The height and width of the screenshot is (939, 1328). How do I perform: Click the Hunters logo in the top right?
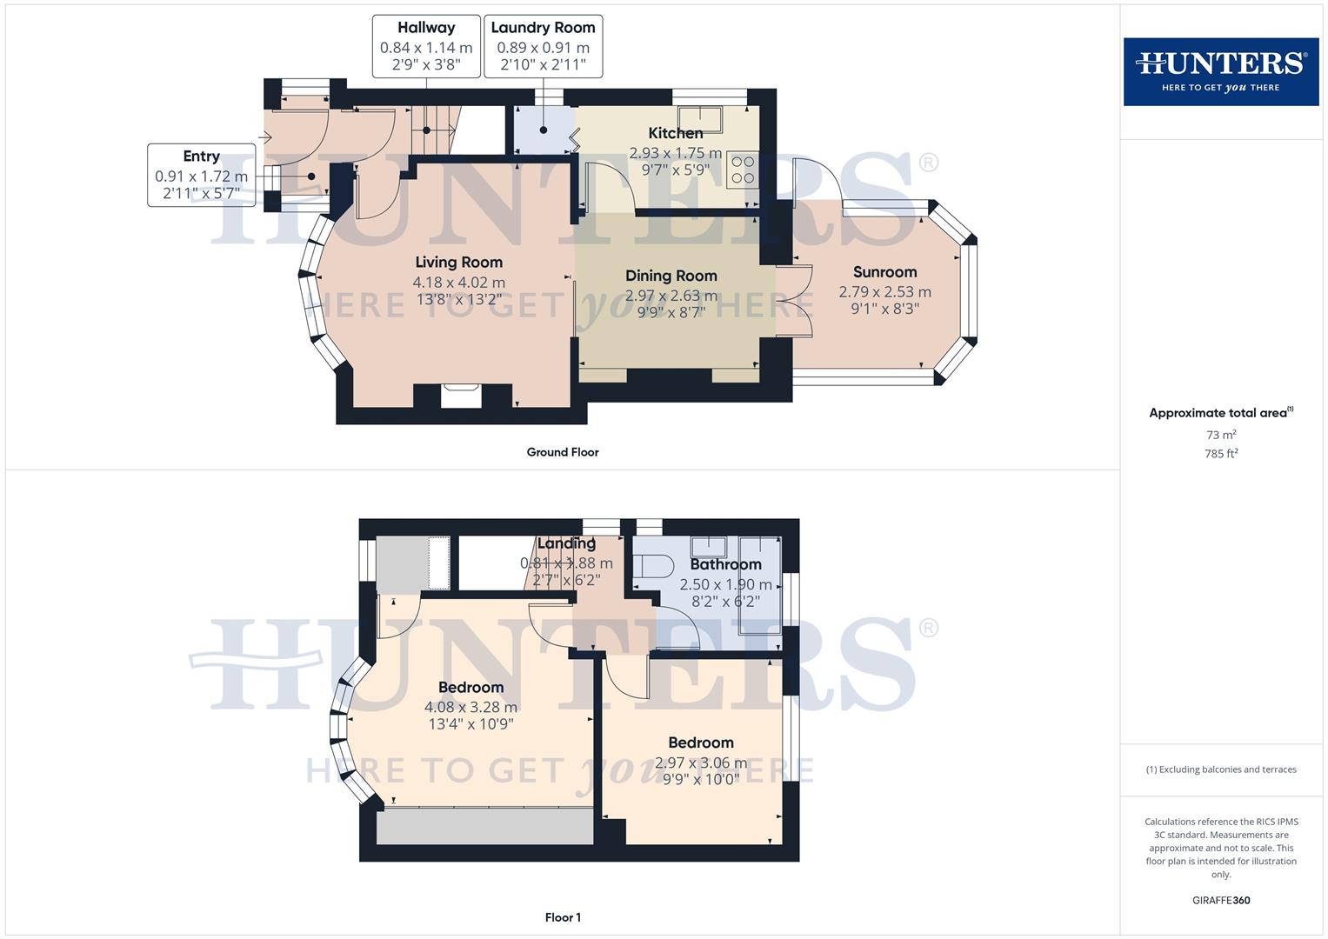point(1220,71)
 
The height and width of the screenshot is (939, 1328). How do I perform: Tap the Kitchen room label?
point(675,133)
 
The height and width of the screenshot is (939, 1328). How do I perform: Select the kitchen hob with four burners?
point(743,170)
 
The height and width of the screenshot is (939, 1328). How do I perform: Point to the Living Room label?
point(458,262)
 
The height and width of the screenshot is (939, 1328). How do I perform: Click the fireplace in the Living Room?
point(460,396)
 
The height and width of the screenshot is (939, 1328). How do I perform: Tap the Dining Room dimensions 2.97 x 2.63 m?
point(671,296)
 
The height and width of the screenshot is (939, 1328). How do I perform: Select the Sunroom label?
point(884,272)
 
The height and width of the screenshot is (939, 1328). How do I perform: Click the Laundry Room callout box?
point(543,46)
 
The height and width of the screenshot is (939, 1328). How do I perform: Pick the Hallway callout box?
point(426,46)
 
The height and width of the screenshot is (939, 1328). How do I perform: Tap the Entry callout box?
point(201,175)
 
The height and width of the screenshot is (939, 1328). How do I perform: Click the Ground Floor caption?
point(563,452)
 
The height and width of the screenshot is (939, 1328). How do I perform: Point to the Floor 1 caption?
point(563,917)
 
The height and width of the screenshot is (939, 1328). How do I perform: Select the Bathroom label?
point(725,564)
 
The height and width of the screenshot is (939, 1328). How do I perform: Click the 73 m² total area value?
point(1220,435)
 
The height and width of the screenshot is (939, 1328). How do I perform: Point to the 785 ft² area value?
point(1220,454)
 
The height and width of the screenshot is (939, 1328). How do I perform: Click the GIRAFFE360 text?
point(1220,901)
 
